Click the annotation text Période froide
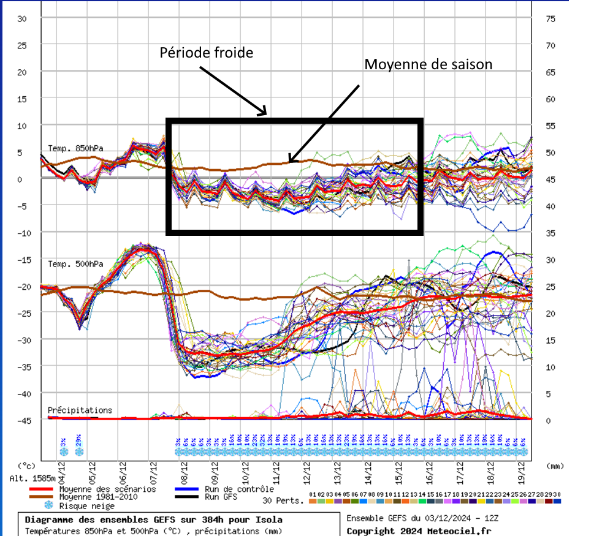206,53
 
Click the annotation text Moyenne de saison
428,64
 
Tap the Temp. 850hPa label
75,148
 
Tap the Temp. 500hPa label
75,264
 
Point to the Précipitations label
80,410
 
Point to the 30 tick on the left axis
22,18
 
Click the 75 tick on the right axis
550,18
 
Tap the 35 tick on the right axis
550,233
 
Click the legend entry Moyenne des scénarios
107,489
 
